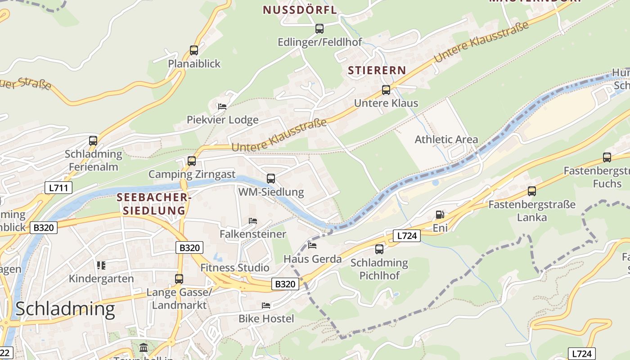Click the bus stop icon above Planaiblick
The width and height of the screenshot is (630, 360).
tap(194, 50)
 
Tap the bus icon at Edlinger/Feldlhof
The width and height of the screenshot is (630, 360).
tap(319, 29)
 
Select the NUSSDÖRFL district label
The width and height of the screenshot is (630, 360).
tap(300, 10)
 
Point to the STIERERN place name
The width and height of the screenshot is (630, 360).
tap(377, 71)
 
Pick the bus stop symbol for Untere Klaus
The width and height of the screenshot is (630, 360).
tap(386, 90)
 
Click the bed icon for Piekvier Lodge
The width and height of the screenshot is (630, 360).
tap(222, 107)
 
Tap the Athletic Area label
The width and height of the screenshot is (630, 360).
tap(446, 139)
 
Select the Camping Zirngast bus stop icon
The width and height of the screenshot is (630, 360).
tap(192, 161)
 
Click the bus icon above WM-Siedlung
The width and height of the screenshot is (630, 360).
tap(271, 179)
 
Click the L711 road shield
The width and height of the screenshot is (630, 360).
tap(58, 188)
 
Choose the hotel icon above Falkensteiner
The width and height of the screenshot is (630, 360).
tap(253, 221)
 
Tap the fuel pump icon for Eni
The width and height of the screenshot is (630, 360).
tap(440, 215)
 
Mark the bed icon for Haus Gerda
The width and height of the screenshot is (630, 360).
tap(312, 246)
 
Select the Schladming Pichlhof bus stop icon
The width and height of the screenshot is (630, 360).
tap(379, 249)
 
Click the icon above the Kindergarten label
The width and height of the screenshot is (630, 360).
tap(101, 265)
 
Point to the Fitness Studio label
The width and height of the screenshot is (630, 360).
tap(234, 268)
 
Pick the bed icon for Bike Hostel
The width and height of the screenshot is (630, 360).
tap(266, 306)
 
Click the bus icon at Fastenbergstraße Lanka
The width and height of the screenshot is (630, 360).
tap(532, 191)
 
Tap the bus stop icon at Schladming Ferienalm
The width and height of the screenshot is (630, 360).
tap(93, 141)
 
